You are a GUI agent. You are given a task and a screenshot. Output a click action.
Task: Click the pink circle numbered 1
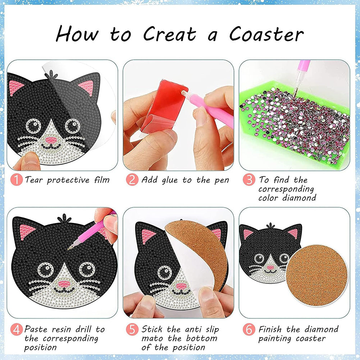click(17, 179)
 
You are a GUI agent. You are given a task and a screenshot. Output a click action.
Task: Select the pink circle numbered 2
click(132, 179)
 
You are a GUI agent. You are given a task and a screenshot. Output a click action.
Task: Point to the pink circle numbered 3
click(249, 179)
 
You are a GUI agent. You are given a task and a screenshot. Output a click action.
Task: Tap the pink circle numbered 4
click(17, 330)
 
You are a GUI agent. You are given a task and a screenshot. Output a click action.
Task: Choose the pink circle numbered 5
click(132, 330)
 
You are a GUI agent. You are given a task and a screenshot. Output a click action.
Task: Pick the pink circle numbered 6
click(249, 330)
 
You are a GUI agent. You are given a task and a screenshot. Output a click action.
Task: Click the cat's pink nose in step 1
click(51, 140)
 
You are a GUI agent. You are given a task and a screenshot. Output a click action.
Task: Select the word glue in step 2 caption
click(169, 181)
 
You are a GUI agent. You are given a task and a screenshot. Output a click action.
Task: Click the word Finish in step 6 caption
click(270, 329)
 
